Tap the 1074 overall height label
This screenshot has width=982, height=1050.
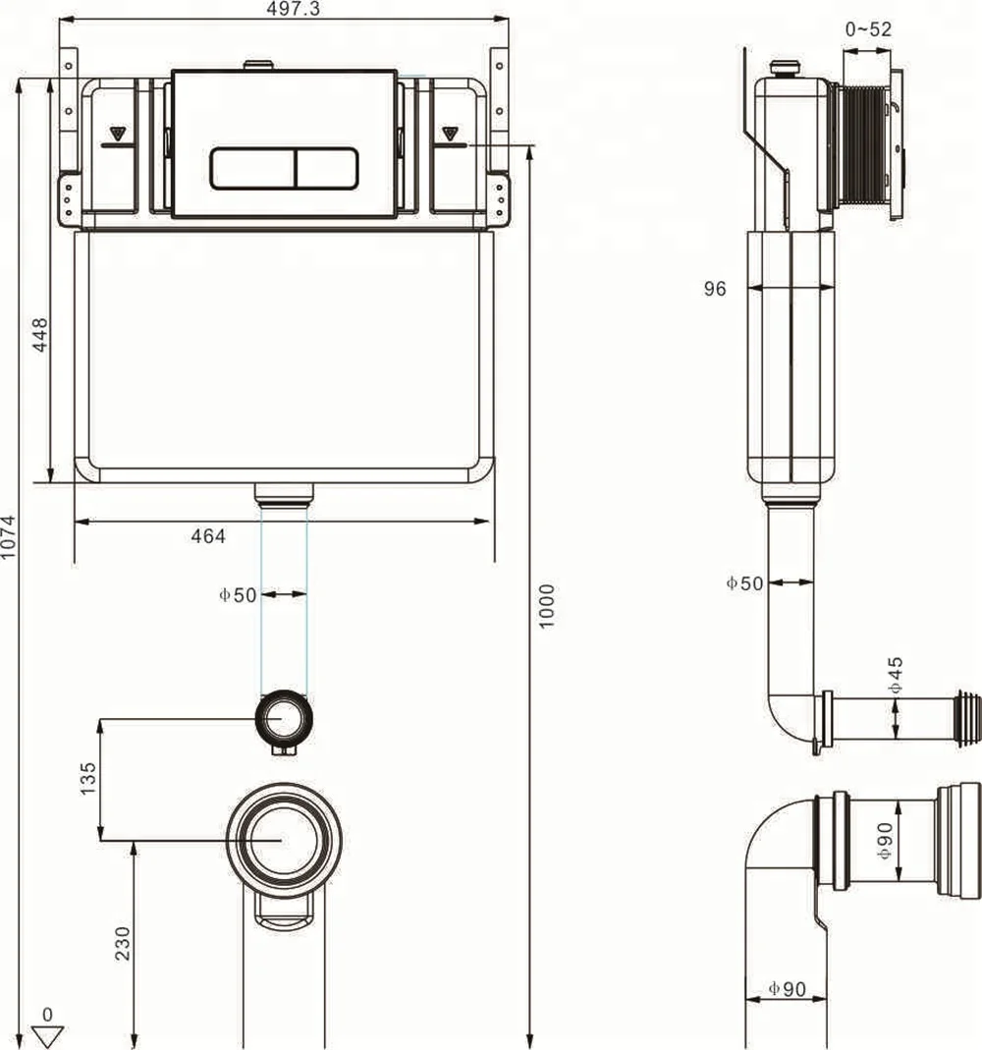click(9, 538)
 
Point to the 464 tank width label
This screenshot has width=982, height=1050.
click(208, 536)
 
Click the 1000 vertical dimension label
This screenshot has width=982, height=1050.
click(547, 606)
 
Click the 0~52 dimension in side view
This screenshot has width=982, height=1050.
click(868, 29)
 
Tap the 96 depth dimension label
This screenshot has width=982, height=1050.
click(714, 289)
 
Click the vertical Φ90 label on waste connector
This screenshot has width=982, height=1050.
click(885, 841)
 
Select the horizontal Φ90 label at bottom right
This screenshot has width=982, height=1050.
click(786, 989)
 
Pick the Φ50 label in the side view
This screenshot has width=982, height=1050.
click(744, 583)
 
